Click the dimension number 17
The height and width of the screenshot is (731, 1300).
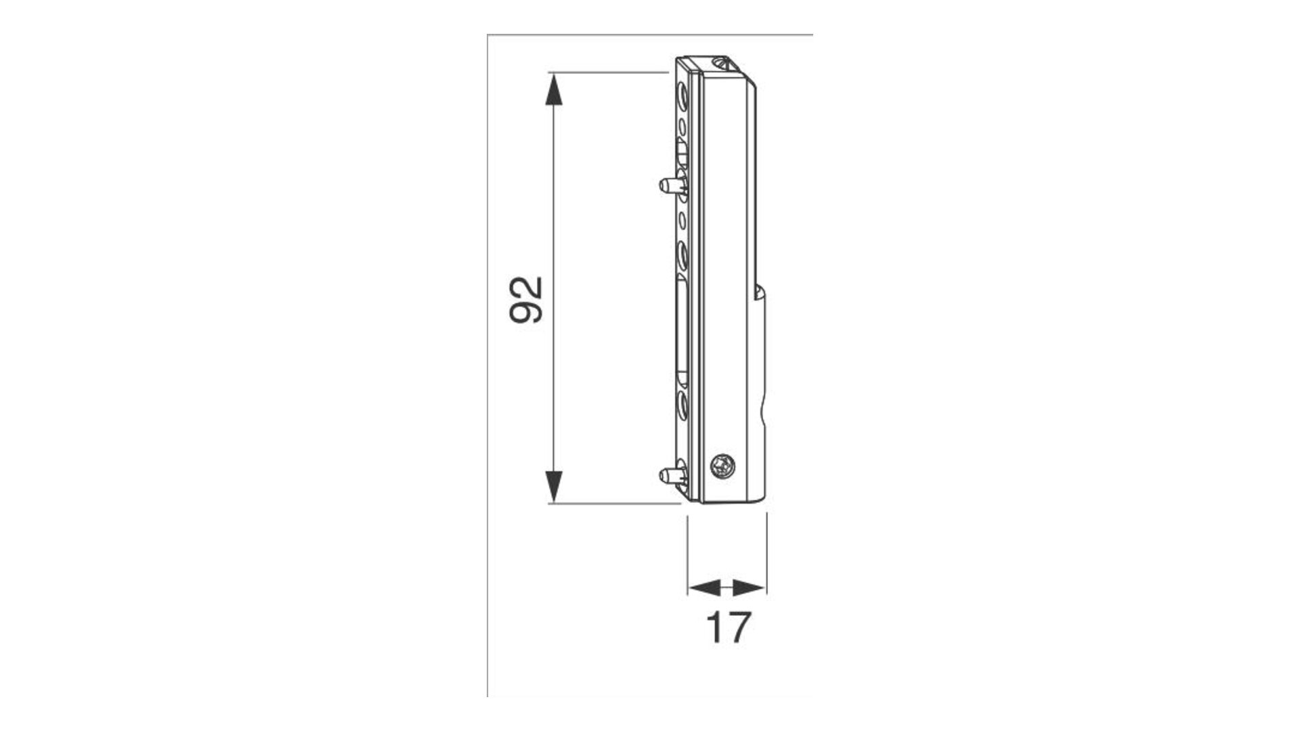click(728, 627)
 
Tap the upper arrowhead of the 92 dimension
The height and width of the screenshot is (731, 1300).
click(554, 89)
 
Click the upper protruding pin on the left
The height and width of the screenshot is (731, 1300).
click(670, 185)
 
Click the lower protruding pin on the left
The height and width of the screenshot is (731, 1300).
click(670, 473)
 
